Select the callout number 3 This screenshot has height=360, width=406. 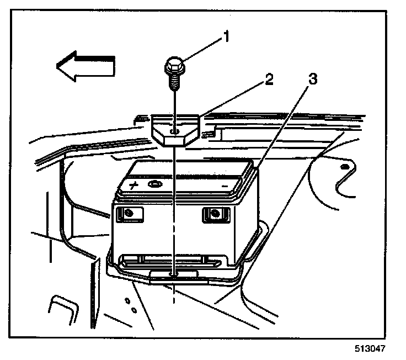pos(312,80)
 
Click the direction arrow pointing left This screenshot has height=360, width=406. pos(86,65)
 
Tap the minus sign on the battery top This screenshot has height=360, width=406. pos(225,187)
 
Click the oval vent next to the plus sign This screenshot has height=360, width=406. pos(154,184)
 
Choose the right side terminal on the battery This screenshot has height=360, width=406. pos(213,213)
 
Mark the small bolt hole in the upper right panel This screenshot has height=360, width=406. pos(345,166)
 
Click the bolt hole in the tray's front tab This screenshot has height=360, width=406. pos(174,272)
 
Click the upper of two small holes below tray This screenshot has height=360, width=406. pos(126,301)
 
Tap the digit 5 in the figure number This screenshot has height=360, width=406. pos(358,349)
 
